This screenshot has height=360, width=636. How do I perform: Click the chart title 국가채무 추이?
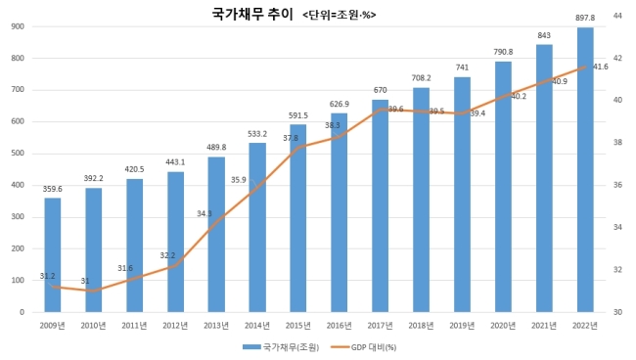click(x=252, y=15)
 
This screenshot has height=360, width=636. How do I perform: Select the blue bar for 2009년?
click(x=53, y=255)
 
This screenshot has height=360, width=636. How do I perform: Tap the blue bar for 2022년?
click(x=585, y=170)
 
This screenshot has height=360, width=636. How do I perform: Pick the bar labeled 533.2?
click(x=257, y=227)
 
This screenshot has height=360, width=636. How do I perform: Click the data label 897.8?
click(x=585, y=18)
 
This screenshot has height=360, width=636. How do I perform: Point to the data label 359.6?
click(x=53, y=189)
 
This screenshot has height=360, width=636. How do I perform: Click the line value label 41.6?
click(x=601, y=67)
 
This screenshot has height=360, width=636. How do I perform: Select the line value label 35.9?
click(x=239, y=180)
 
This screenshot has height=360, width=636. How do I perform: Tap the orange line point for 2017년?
click(x=381, y=109)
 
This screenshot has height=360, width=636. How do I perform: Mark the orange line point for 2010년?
click(x=94, y=291)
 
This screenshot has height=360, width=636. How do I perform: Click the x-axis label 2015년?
click(x=298, y=326)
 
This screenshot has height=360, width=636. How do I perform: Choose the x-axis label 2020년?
click(x=503, y=326)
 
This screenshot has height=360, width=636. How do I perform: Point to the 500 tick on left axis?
click(x=19, y=154)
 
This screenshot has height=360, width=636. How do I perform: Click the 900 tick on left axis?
click(x=19, y=26)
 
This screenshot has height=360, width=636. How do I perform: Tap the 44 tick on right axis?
click(x=617, y=16)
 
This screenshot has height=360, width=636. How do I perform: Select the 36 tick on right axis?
click(x=617, y=185)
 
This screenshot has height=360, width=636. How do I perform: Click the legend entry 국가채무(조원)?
click(x=281, y=347)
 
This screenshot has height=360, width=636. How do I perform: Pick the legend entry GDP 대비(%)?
click(x=363, y=347)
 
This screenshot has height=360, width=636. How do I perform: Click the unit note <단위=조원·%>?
click(x=340, y=15)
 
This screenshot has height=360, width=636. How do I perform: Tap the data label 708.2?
click(x=421, y=78)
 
